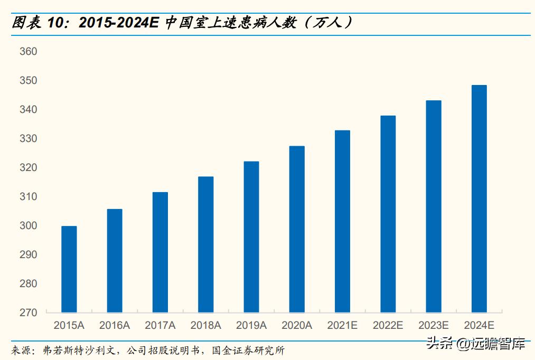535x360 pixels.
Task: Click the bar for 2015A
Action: pos(69,269)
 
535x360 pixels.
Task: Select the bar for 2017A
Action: pos(160,252)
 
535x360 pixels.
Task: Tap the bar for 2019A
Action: pos(251,237)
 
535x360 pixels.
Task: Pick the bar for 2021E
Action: pos(342,221)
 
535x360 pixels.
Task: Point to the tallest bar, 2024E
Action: pos(479,198)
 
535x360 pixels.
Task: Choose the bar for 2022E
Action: pos(388,214)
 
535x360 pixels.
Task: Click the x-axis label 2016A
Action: pos(115,325)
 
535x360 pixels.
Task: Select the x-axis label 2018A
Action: pos(206,325)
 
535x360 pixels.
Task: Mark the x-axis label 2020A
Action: pos(297,325)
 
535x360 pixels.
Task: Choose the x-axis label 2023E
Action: pos(434,325)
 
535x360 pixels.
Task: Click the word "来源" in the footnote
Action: pos(20,350)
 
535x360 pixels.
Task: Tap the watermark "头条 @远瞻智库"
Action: pos(475,344)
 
